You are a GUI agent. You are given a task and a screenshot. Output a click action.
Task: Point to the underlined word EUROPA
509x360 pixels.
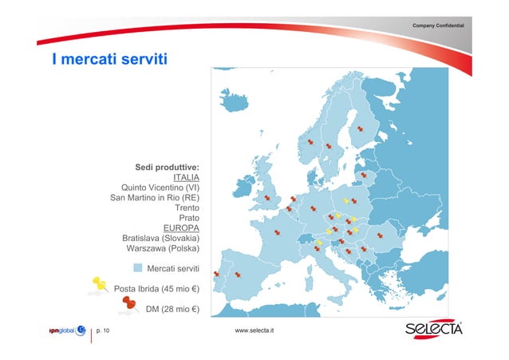[x=181, y=227]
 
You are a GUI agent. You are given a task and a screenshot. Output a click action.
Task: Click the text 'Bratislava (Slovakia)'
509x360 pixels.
[x=160, y=238]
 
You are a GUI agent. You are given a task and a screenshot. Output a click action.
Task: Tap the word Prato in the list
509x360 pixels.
[x=188, y=217]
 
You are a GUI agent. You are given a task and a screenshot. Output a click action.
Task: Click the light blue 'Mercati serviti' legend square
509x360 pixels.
[x=137, y=268]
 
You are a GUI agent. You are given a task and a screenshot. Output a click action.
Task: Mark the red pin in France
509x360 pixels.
[x=277, y=232]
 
